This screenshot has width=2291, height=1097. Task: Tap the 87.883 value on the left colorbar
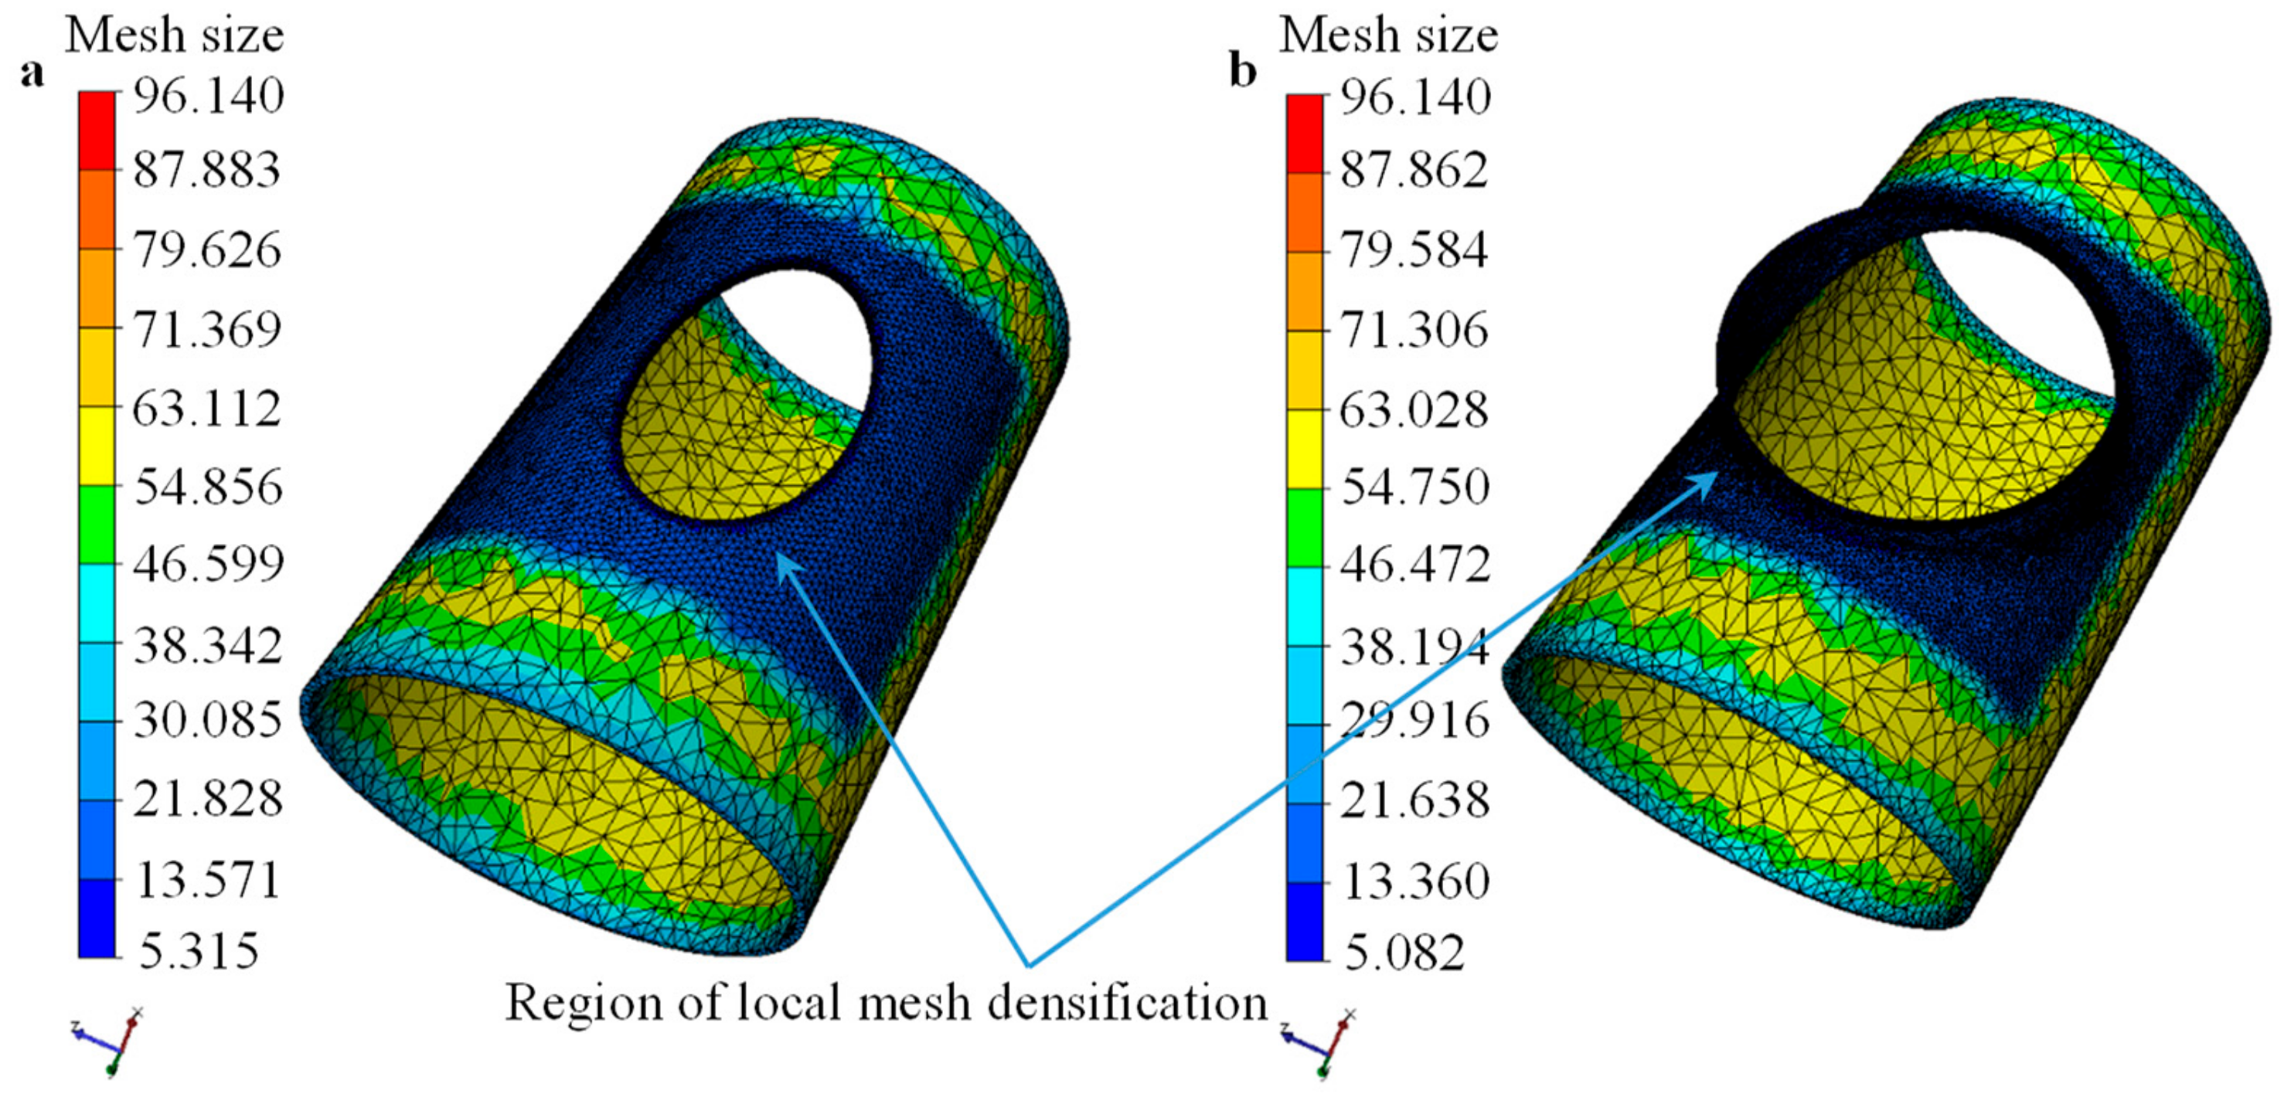click(206, 169)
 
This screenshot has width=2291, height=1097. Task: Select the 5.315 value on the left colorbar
click(199, 949)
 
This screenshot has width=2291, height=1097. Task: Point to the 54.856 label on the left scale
click(208, 486)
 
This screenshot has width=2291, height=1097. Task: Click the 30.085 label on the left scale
click(208, 719)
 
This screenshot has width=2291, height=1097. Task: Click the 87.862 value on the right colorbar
click(1413, 169)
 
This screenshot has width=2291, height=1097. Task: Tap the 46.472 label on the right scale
click(1414, 564)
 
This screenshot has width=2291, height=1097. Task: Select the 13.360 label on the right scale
click(1414, 881)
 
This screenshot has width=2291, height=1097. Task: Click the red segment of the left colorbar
click(96, 131)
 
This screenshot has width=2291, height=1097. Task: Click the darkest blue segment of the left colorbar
click(96, 919)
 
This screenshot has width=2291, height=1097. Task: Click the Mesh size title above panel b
click(1387, 36)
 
